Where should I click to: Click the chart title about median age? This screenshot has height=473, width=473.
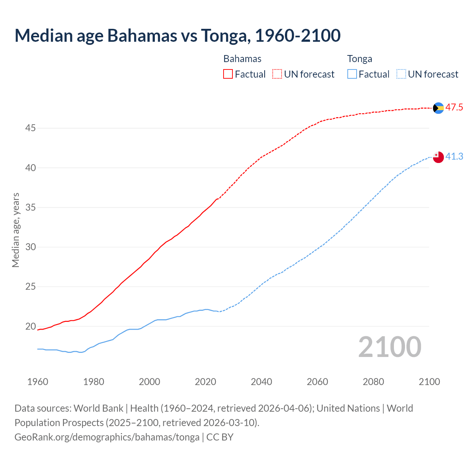[177, 35]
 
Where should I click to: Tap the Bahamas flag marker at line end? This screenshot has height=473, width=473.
[438, 108]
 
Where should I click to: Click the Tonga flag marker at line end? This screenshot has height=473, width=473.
[438, 157]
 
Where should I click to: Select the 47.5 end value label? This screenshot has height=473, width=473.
[454, 108]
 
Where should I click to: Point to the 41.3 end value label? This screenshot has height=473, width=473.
[454, 157]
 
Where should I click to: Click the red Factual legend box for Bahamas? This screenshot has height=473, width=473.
[228, 74]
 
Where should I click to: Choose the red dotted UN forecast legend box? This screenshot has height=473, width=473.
[277, 74]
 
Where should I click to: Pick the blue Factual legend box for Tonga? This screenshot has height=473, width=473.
[352, 74]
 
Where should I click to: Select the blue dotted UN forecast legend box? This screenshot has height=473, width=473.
[401, 74]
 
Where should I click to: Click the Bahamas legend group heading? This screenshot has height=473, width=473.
[242, 59]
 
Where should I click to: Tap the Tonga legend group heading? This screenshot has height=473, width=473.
[360, 59]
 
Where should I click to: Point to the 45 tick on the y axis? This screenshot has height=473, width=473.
[30, 128]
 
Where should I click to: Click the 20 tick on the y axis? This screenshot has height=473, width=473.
[30, 326]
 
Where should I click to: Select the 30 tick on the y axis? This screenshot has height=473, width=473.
[30, 247]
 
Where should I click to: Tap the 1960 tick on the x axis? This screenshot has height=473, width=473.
[38, 382]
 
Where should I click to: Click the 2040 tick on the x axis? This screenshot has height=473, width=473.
[261, 382]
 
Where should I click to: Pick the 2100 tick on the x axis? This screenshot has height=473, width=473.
[429, 382]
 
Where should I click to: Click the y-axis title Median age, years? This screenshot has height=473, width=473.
[16, 230]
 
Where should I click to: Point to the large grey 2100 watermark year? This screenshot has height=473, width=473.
[390, 347]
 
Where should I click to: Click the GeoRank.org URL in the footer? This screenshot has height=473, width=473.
[107, 437]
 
